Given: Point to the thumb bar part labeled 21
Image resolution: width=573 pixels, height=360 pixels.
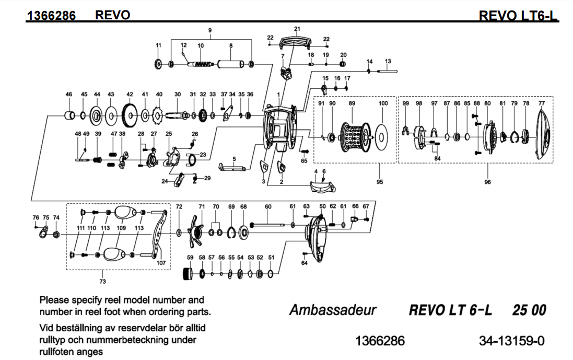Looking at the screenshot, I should [x=296, y=41].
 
